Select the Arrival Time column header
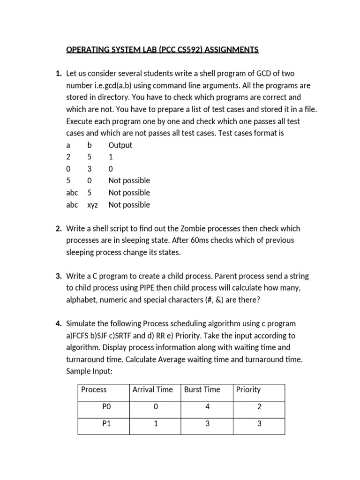(x=152, y=390)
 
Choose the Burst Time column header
(x=202, y=390)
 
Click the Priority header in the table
(x=248, y=390)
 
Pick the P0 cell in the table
(x=106, y=407)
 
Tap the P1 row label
(x=106, y=424)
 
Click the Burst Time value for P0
(x=207, y=407)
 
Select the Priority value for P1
(x=259, y=424)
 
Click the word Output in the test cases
(x=120, y=145)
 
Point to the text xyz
(x=93, y=205)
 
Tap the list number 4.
(x=58, y=324)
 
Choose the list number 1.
(x=58, y=74)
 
